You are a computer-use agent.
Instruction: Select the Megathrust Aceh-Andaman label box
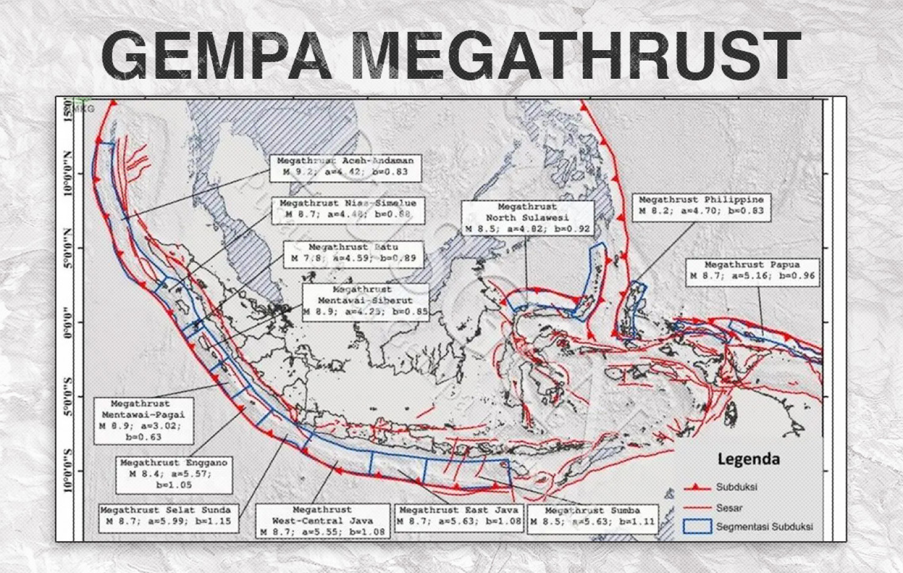(x=345, y=167)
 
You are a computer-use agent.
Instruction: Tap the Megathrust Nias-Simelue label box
(x=348, y=209)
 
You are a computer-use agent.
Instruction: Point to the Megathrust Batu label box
(x=353, y=253)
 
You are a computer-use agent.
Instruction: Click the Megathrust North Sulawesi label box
(x=527, y=218)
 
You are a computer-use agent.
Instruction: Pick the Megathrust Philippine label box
(x=700, y=206)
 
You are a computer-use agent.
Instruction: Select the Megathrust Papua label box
(x=752, y=271)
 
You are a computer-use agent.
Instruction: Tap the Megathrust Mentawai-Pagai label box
(x=143, y=420)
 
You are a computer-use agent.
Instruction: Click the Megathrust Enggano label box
(x=174, y=474)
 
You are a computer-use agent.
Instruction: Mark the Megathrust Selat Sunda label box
(x=168, y=516)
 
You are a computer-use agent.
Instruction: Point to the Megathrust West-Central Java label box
(x=322, y=520)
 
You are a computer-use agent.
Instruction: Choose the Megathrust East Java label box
(x=459, y=516)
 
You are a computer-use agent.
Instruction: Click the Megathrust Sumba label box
(x=592, y=517)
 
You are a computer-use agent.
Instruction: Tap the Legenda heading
(x=748, y=459)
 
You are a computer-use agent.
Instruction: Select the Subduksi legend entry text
(x=736, y=487)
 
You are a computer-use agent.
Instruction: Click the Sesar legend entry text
(x=729, y=508)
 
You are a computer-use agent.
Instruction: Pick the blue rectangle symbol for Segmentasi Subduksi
(x=697, y=527)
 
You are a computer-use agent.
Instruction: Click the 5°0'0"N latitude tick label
(x=68, y=248)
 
